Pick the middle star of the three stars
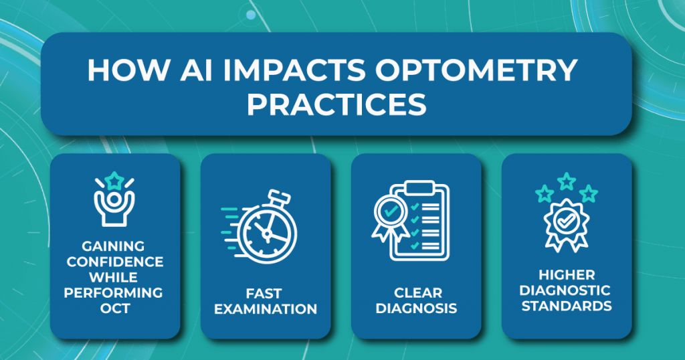[x=567, y=181]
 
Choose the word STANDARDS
[x=567, y=306]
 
